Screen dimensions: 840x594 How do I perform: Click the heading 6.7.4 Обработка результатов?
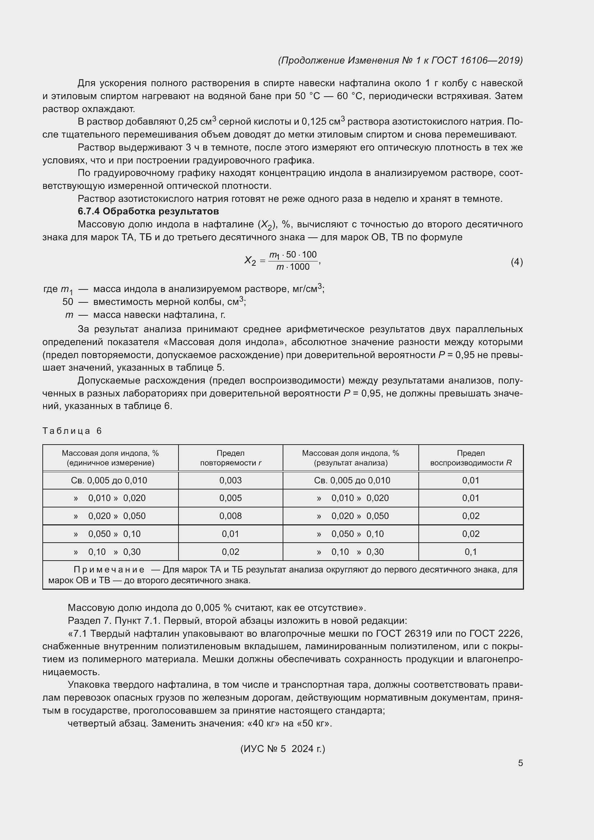(x=148, y=212)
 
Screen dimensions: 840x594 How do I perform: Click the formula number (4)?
(x=516, y=262)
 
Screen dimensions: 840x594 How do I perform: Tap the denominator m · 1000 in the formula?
(x=293, y=267)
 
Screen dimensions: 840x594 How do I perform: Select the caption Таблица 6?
(x=72, y=431)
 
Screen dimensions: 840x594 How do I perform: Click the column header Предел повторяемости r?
(x=231, y=458)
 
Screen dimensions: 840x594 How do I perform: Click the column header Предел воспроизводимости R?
(x=471, y=458)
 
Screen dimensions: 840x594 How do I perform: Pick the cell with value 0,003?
(x=231, y=481)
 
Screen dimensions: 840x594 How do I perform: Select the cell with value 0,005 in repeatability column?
(x=231, y=498)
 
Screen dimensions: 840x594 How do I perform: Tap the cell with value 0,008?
(x=231, y=516)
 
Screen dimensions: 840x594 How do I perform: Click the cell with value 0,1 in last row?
(x=471, y=552)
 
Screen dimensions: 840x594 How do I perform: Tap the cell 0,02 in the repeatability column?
(x=231, y=552)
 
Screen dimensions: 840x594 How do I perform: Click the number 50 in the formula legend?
(x=68, y=302)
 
